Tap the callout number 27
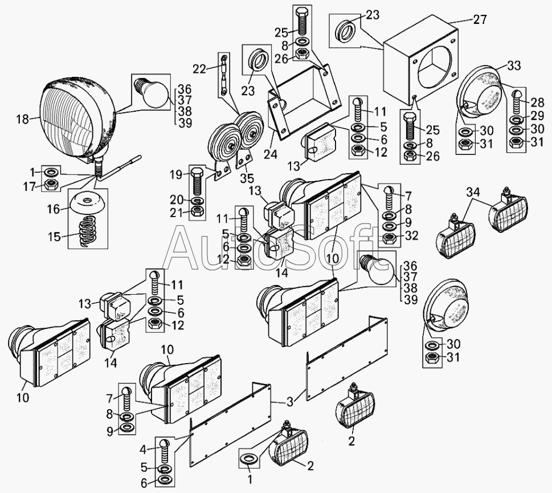[x=480, y=19]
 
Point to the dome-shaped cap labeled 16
[x=88, y=203]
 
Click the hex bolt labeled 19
[x=197, y=181]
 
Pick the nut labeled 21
[x=197, y=212]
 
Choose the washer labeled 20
[x=197, y=201]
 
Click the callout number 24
[x=271, y=154]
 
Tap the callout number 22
[x=199, y=69]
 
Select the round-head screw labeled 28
[x=517, y=101]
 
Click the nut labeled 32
[x=389, y=238]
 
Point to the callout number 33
[x=514, y=66]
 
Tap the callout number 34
[x=473, y=193]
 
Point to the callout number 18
[x=23, y=119]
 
